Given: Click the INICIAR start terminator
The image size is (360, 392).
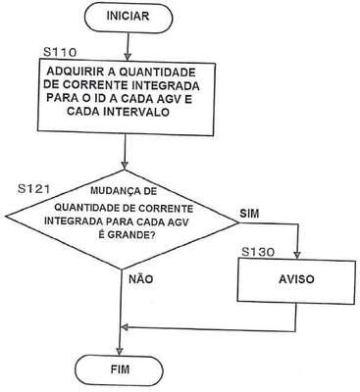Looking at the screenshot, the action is [x=128, y=17].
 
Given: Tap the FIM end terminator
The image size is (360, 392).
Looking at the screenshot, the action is [x=120, y=369].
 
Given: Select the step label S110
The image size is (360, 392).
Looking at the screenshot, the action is [x=60, y=52].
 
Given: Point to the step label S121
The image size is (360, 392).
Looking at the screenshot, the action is [x=34, y=189].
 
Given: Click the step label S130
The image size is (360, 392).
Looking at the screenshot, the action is [x=258, y=252].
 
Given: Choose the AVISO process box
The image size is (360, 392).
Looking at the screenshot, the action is [x=296, y=280].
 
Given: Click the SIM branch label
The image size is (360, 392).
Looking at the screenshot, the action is [x=249, y=214].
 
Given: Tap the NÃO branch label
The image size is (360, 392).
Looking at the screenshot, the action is [x=141, y=278].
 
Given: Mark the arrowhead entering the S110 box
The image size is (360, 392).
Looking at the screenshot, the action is [x=128, y=55].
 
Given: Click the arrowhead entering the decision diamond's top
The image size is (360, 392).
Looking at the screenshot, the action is [x=125, y=165].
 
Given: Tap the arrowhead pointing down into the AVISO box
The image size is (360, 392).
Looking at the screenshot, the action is [x=297, y=254].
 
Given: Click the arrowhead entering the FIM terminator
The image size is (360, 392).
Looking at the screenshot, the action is [x=119, y=351].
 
